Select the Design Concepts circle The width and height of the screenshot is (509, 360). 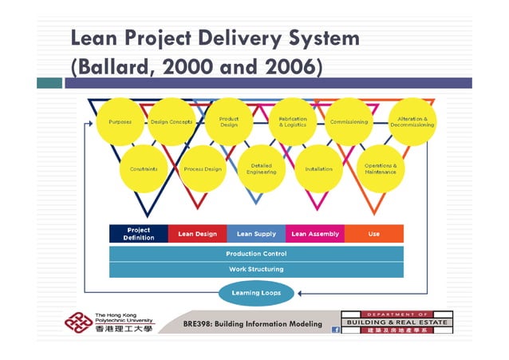(x=172, y=122)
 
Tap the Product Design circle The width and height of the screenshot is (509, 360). (x=229, y=122)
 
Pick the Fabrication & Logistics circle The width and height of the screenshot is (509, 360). (x=293, y=122)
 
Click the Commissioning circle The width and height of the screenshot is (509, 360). (x=349, y=122)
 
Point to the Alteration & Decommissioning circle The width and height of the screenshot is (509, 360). (x=412, y=122)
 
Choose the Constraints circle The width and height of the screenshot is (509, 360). (x=144, y=169)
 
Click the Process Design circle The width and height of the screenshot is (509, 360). (x=203, y=169)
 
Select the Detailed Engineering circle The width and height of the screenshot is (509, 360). (x=261, y=169)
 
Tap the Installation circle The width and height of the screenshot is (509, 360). (x=319, y=169)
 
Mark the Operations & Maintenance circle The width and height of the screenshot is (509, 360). (x=381, y=169)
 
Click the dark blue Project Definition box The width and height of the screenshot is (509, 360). (x=138, y=234)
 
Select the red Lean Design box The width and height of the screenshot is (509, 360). (x=197, y=234)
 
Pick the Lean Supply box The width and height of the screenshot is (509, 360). (x=256, y=234)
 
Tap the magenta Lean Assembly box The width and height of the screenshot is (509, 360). (x=315, y=234)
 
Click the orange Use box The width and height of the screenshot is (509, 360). (x=373, y=234)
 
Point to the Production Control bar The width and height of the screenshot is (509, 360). (x=256, y=254)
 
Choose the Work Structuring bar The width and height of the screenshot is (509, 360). (x=256, y=269)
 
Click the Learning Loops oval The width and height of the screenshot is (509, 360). (x=256, y=293)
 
